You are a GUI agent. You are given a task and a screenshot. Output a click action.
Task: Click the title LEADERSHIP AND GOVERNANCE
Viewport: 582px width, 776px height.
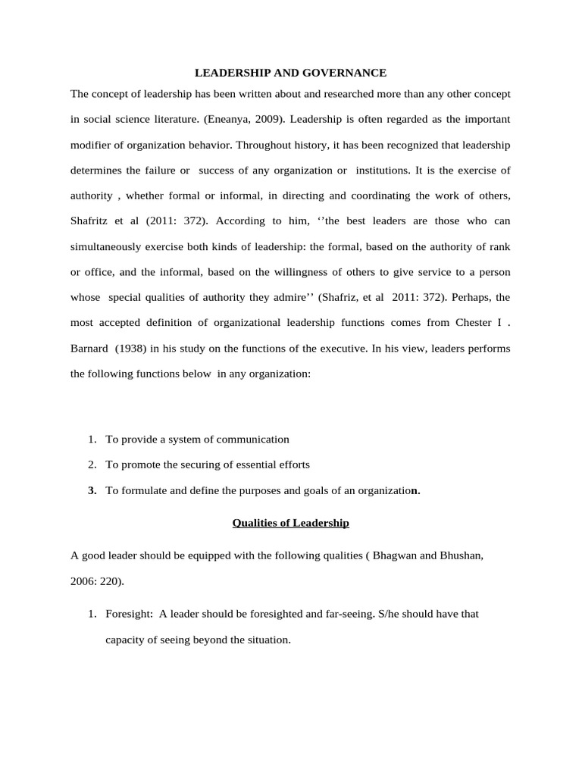[291, 73]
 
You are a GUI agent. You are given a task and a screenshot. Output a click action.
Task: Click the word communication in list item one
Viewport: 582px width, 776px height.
[253, 439]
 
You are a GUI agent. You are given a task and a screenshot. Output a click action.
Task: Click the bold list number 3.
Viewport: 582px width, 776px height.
[92, 490]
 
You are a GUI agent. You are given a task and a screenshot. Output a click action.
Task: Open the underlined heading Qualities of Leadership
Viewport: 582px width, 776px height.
[290, 523]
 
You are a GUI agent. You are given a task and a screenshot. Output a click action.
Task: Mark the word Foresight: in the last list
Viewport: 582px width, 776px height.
[129, 614]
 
